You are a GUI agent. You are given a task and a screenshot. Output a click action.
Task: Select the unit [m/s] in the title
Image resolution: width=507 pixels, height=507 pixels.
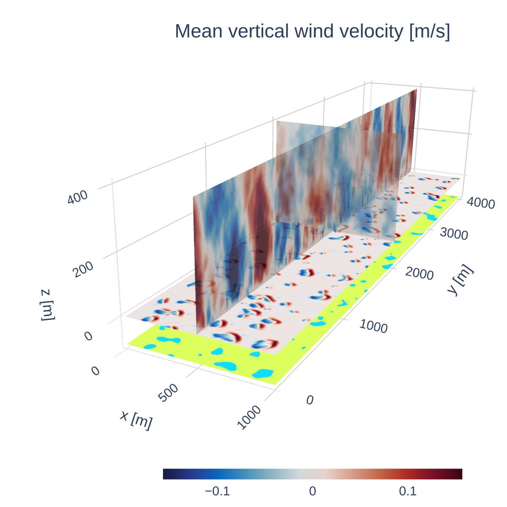430,32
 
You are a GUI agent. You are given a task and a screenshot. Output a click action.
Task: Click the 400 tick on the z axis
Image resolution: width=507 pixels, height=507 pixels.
78,197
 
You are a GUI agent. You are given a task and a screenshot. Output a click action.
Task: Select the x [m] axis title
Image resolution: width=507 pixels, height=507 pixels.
136,420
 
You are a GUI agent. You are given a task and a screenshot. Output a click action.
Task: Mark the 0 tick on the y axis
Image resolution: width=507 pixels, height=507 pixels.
310,400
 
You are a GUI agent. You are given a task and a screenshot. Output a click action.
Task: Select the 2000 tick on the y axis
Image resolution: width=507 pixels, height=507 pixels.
419,273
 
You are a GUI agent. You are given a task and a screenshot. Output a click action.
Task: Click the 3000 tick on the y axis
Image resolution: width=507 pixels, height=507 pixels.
454,233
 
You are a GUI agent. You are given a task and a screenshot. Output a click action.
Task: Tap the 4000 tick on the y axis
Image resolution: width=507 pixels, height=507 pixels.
480,203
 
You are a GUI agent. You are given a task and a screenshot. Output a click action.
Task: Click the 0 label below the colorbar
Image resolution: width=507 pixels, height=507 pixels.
312,491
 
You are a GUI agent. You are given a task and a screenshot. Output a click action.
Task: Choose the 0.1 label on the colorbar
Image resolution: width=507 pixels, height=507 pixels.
408,491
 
